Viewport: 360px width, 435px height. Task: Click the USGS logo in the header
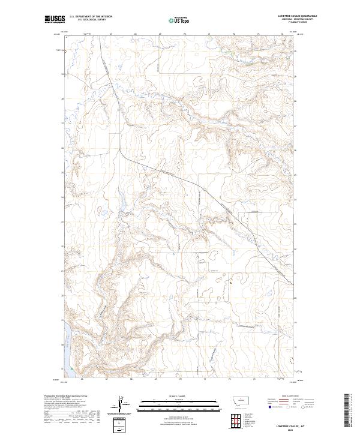(x=55, y=20)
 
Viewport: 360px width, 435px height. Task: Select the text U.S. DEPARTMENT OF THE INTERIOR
(x=91, y=17)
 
